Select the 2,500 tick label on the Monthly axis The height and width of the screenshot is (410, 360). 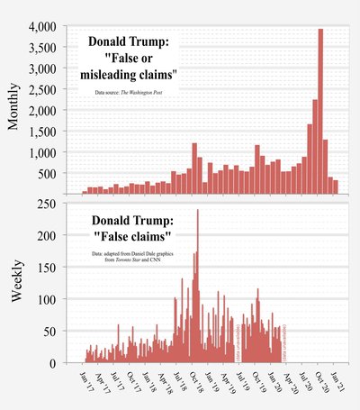pos(40,89)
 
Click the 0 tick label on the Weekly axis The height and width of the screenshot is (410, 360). pos(55,363)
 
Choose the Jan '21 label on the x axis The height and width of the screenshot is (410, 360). pos(337,381)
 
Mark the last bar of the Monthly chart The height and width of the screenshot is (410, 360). pos(336,187)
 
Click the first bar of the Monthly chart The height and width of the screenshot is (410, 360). pos(85,192)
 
